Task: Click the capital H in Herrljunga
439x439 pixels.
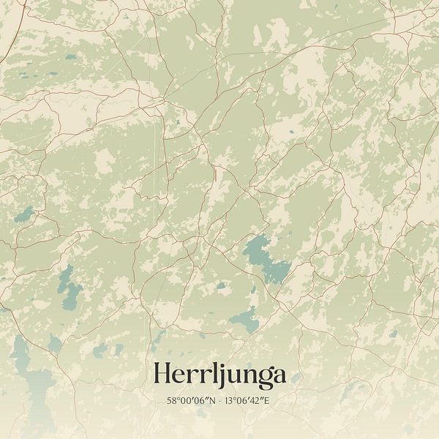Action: [164, 375]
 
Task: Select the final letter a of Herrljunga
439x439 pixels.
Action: [277, 376]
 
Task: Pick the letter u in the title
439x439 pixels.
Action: [226, 376]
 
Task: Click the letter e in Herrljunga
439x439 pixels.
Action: [182, 376]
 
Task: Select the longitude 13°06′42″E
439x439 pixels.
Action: [249, 401]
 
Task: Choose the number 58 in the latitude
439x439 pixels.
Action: [172, 401]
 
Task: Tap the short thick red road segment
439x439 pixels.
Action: [215, 174]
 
